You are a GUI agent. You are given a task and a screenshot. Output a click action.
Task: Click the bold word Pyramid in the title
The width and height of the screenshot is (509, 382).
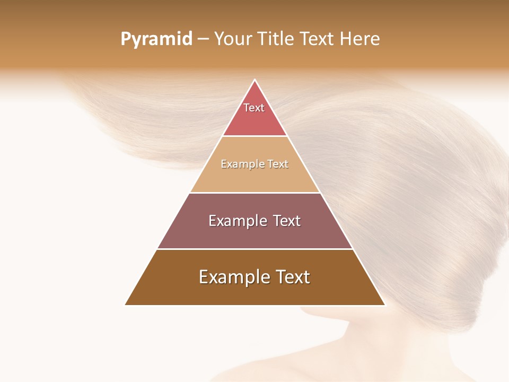pyautogui.click(x=156, y=39)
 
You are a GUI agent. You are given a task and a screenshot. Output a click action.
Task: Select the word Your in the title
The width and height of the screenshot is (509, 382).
pyautogui.click(x=232, y=39)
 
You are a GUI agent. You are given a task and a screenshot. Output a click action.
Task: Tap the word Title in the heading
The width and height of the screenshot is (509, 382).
pyautogui.click(x=275, y=39)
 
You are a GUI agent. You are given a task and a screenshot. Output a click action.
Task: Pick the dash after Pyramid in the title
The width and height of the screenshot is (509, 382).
pyautogui.click(x=203, y=39)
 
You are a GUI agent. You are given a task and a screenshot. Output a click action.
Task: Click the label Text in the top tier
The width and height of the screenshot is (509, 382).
pyautogui.click(x=254, y=108)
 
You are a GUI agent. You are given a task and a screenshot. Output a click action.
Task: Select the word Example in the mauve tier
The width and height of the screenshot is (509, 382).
pyautogui.click(x=236, y=221)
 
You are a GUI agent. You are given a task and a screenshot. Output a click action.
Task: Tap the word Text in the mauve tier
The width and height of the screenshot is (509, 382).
pyautogui.click(x=287, y=221)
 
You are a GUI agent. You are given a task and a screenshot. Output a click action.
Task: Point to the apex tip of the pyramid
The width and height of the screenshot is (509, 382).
pyautogui.click(x=255, y=81)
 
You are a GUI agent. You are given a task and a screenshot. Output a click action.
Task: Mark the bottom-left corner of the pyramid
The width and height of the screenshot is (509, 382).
pyautogui.click(x=126, y=305)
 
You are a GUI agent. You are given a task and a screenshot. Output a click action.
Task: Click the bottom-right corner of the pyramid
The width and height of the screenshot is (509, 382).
pyautogui.click(x=384, y=305)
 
